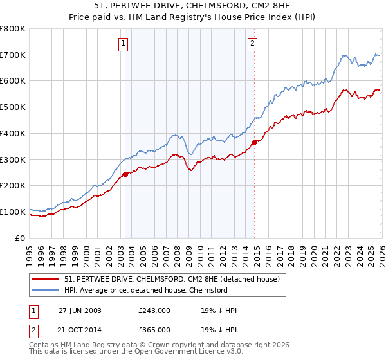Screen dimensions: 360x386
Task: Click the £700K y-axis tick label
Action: tap(13, 55)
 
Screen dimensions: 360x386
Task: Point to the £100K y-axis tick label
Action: tap(13, 212)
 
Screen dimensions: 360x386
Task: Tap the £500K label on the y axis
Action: tap(13, 107)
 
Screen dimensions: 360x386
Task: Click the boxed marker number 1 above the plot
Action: tap(122, 44)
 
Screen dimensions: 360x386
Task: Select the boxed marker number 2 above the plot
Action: tap(252, 44)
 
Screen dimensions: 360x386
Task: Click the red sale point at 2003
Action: tap(125, 174)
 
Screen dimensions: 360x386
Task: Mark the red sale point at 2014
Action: tap(254, 142)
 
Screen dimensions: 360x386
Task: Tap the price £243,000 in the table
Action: tap(154, 310)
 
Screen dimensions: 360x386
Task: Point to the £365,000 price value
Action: tap(154, 330)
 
